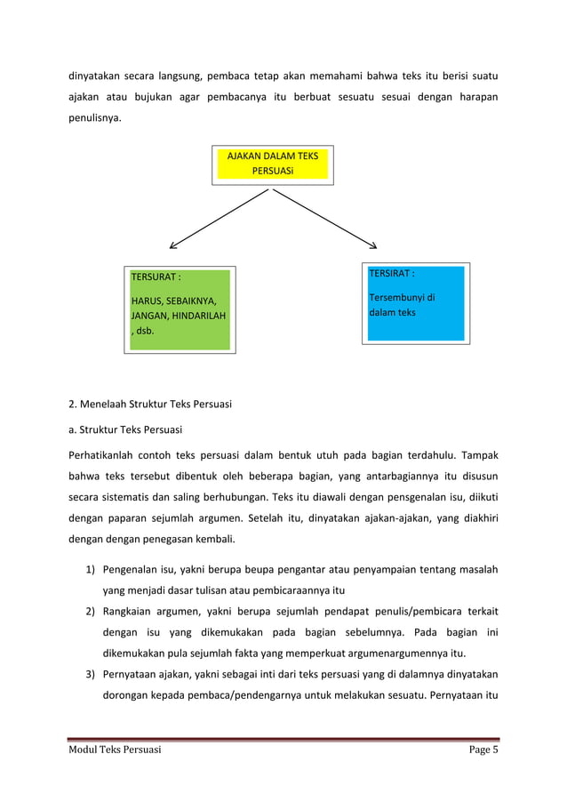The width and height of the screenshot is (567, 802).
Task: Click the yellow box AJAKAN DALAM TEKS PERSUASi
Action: [272, 164]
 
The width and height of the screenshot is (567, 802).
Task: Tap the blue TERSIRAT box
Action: [416, 302]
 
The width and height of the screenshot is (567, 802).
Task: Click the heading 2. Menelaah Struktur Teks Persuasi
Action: [150, 405]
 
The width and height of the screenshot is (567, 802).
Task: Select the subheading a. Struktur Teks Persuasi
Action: [125, 430]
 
